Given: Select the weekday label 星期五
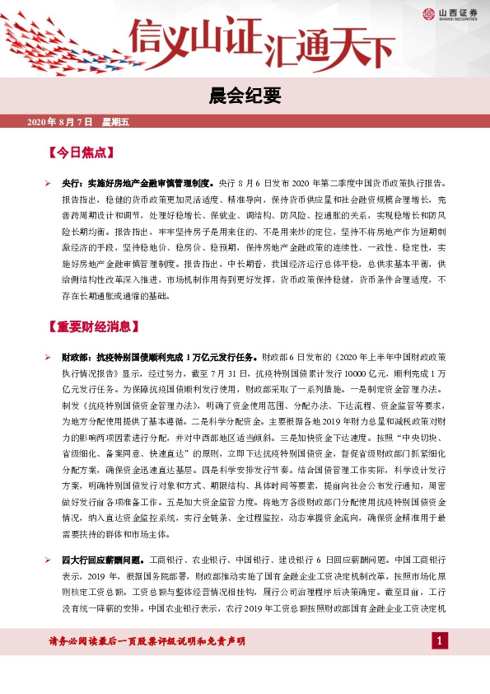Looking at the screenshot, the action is point(116,122).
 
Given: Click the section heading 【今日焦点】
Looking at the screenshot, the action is point(81,152).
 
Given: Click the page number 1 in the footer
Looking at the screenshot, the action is point(441,641).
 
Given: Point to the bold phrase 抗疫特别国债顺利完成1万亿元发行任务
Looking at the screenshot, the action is point(176,358).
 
